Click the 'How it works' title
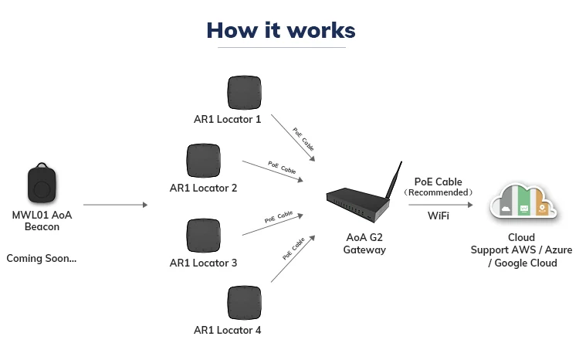[281, 30]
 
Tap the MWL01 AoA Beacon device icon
[42, 186]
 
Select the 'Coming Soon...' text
[42, 258]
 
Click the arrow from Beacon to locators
[115, 205]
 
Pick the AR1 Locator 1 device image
[245, 93]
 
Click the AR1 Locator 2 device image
[204, 161]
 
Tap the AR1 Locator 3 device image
[204, 236]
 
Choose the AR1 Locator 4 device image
[245, 304]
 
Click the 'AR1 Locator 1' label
[227, 120]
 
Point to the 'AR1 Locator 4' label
[227, 331]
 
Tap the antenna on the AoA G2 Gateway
[394, 182]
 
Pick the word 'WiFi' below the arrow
[438, 216]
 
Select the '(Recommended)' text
[438, 192]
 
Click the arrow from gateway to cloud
[440, 205]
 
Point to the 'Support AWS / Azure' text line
[521, 250]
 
